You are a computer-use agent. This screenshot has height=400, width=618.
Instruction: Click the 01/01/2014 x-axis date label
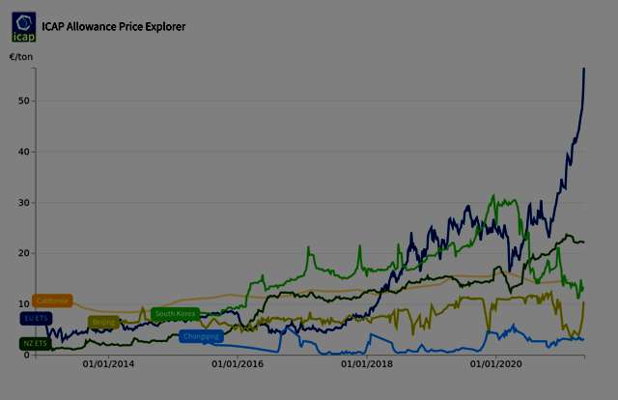[x=107, y=364]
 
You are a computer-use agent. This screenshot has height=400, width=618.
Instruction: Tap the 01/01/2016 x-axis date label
[x=237, y=364]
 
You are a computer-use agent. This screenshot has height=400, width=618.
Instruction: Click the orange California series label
[x=53, y=300]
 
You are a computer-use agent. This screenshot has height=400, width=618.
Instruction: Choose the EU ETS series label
[x=36, y=318]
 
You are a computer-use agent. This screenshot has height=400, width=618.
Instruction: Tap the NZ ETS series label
[x=36, y=343]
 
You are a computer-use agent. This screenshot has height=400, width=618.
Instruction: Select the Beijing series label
[x=104, y=322]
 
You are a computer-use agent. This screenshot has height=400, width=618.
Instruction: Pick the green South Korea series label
[x=175, y=313]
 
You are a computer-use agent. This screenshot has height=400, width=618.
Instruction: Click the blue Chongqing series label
[x=201, y=336]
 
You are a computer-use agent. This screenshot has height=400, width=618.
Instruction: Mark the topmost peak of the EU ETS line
[x=584, y=69]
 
